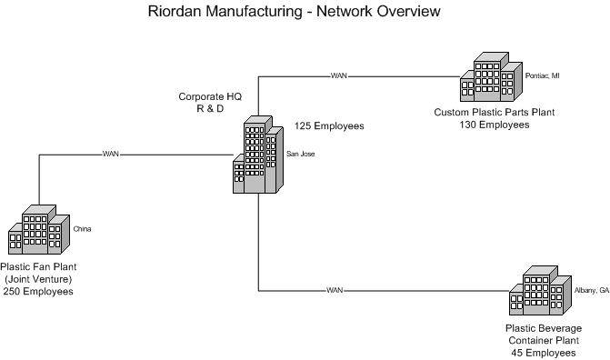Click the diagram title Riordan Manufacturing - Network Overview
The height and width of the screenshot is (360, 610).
click(x=295, y=11)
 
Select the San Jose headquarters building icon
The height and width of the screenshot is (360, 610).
click(x=258, y=155)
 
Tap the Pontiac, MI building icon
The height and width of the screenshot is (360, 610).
click(x=491, y=76)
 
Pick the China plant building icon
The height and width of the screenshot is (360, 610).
click(x=39, y=230)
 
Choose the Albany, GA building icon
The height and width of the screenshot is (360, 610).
click(x=540, y=290)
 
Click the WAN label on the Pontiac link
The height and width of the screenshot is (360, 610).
click(x=339, y=75)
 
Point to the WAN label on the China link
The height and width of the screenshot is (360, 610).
click(x=111, y=155)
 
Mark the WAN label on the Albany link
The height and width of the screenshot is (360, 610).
click(x=335, y=290)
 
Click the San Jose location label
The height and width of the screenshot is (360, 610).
click(x=300, y=155)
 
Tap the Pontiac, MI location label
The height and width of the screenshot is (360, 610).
click(x=543, y=75)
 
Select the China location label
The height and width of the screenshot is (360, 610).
click(x=82, y=229)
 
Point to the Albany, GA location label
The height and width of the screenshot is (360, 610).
click(x=592, y=290)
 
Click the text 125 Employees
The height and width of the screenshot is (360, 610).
click(x=329, y=125)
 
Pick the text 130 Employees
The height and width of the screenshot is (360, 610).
click(x=495, y=125)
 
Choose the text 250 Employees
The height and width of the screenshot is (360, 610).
click(x=38, y=291)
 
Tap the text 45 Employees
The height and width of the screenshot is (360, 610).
click(x=544, y=353)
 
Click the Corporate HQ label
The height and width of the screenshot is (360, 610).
click(x=210, y=96)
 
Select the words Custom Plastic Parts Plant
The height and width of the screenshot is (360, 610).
click(x=495, y=112)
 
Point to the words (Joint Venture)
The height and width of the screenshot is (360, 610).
click(x=38, y=279)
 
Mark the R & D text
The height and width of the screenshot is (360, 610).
click(x=210, y=108)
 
